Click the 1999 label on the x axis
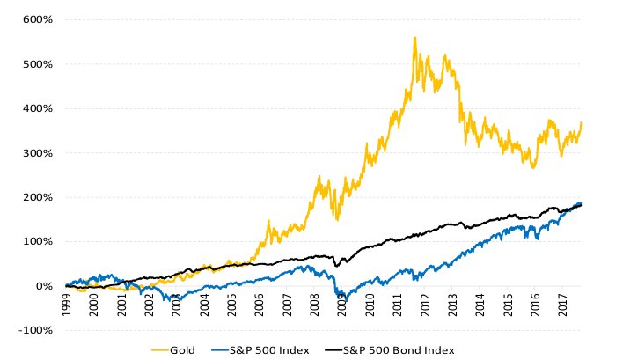67,305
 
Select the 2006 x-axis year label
260,305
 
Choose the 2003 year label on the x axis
177,305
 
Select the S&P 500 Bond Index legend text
399,349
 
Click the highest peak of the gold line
414,38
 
